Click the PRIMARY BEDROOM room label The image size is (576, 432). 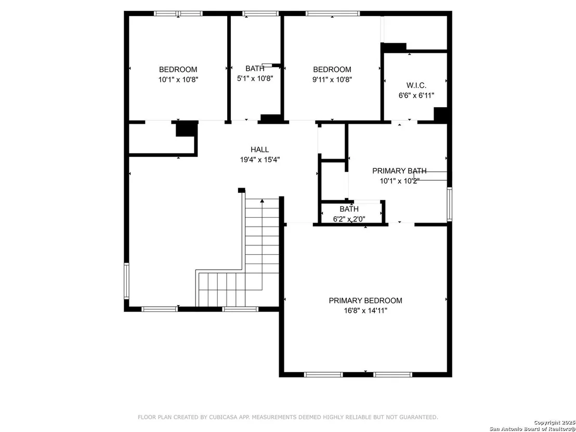point(365,300)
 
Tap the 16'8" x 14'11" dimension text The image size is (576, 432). point(365,311)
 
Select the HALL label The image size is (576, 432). point(260,150)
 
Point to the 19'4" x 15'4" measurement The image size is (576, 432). point(260,160)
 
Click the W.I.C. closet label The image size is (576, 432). point(416,86)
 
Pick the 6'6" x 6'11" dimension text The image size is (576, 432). point(416,96)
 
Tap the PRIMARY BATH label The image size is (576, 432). point(399,171)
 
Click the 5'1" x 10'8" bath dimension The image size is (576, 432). point(255,78)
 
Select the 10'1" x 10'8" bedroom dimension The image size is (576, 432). point(178,80)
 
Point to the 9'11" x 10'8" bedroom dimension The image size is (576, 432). point(332,80)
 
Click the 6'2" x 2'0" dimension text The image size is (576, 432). point(349,219)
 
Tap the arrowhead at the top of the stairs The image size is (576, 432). point(262,201)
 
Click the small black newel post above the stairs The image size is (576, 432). point(241,190)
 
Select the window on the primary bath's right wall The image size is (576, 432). point(449,204)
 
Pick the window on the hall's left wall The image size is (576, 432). point(126,281)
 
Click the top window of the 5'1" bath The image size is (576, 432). point(261,14)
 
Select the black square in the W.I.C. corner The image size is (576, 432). point(440,114)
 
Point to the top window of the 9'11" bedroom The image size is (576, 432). point(333,14)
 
